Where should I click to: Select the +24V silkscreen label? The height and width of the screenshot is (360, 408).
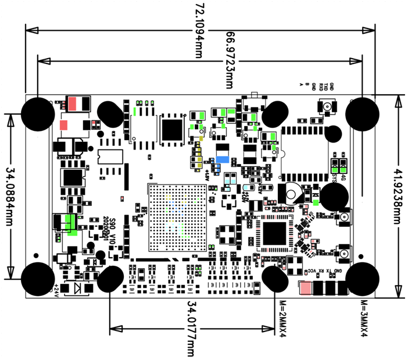pos(56,289)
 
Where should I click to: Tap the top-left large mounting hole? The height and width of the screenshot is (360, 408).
pos(38,112)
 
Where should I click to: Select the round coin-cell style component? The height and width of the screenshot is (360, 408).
pos(292,191)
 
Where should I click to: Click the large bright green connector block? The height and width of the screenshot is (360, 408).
pos(71,223)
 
